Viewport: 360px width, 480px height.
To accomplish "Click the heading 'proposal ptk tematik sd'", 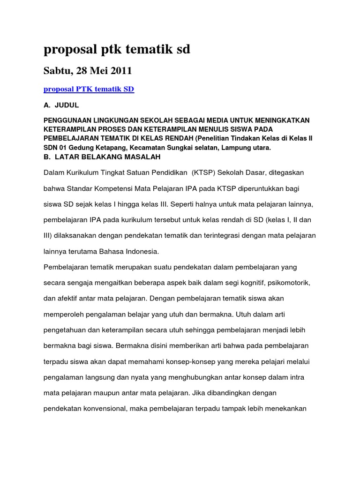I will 117,50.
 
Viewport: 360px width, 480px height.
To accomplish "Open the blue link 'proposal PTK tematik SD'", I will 89,89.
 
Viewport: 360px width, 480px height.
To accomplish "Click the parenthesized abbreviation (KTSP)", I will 205,172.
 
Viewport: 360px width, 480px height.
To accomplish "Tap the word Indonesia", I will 141,251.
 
